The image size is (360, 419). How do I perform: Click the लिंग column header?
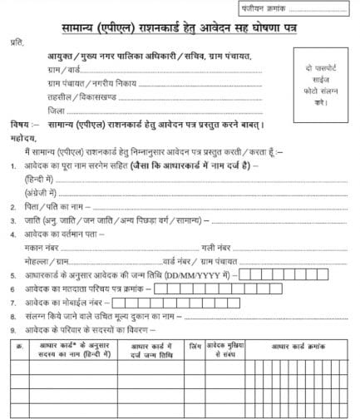click(194, 344)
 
